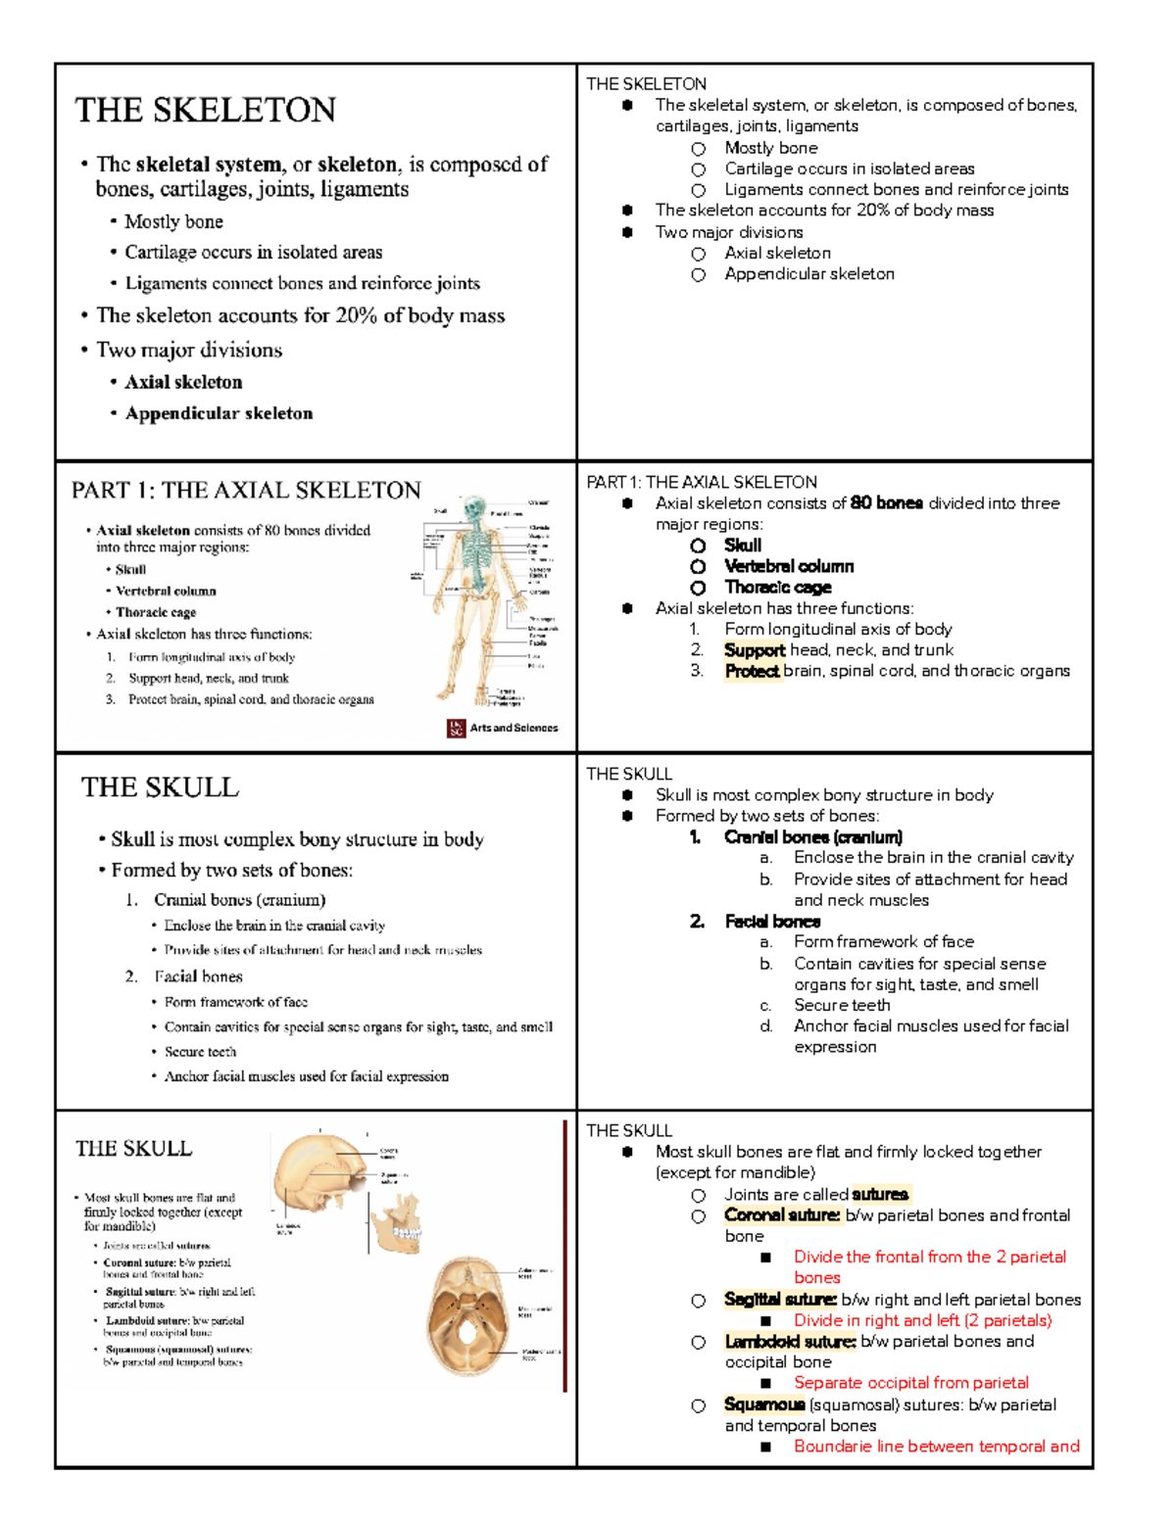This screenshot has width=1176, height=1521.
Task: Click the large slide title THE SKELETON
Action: [x=205, y=110]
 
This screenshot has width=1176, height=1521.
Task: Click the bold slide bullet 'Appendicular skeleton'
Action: [x=219, y=413]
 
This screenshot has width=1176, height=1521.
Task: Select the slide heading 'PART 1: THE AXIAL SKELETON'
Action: [x=246, y=491]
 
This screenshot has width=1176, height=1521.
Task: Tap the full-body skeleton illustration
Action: [x=477, y=597]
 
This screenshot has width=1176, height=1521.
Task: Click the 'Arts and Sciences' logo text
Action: [x=514, y=728]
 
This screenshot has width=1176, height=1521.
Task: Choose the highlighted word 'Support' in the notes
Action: [x=754, y=650]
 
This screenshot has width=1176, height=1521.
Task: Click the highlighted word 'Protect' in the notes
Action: [x=752, y=672]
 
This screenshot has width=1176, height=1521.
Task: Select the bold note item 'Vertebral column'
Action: [x=788, y=567]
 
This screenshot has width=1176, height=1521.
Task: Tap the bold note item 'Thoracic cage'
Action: [x=777, y=588]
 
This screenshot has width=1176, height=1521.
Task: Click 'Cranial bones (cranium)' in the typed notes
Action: [x=812, y=837]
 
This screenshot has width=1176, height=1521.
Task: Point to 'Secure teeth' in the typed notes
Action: [x=842, y=1006]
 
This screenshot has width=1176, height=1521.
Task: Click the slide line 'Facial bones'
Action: [x=198, y=976]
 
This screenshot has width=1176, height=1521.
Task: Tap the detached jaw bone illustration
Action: [x=397, y=1223]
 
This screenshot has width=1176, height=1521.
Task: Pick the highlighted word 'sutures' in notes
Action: [x=880, y=1195]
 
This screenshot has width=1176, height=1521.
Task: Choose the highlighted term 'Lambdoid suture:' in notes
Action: [x=790, y=1342]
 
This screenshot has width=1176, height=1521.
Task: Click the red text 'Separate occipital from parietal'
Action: [x=910, y=1383]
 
